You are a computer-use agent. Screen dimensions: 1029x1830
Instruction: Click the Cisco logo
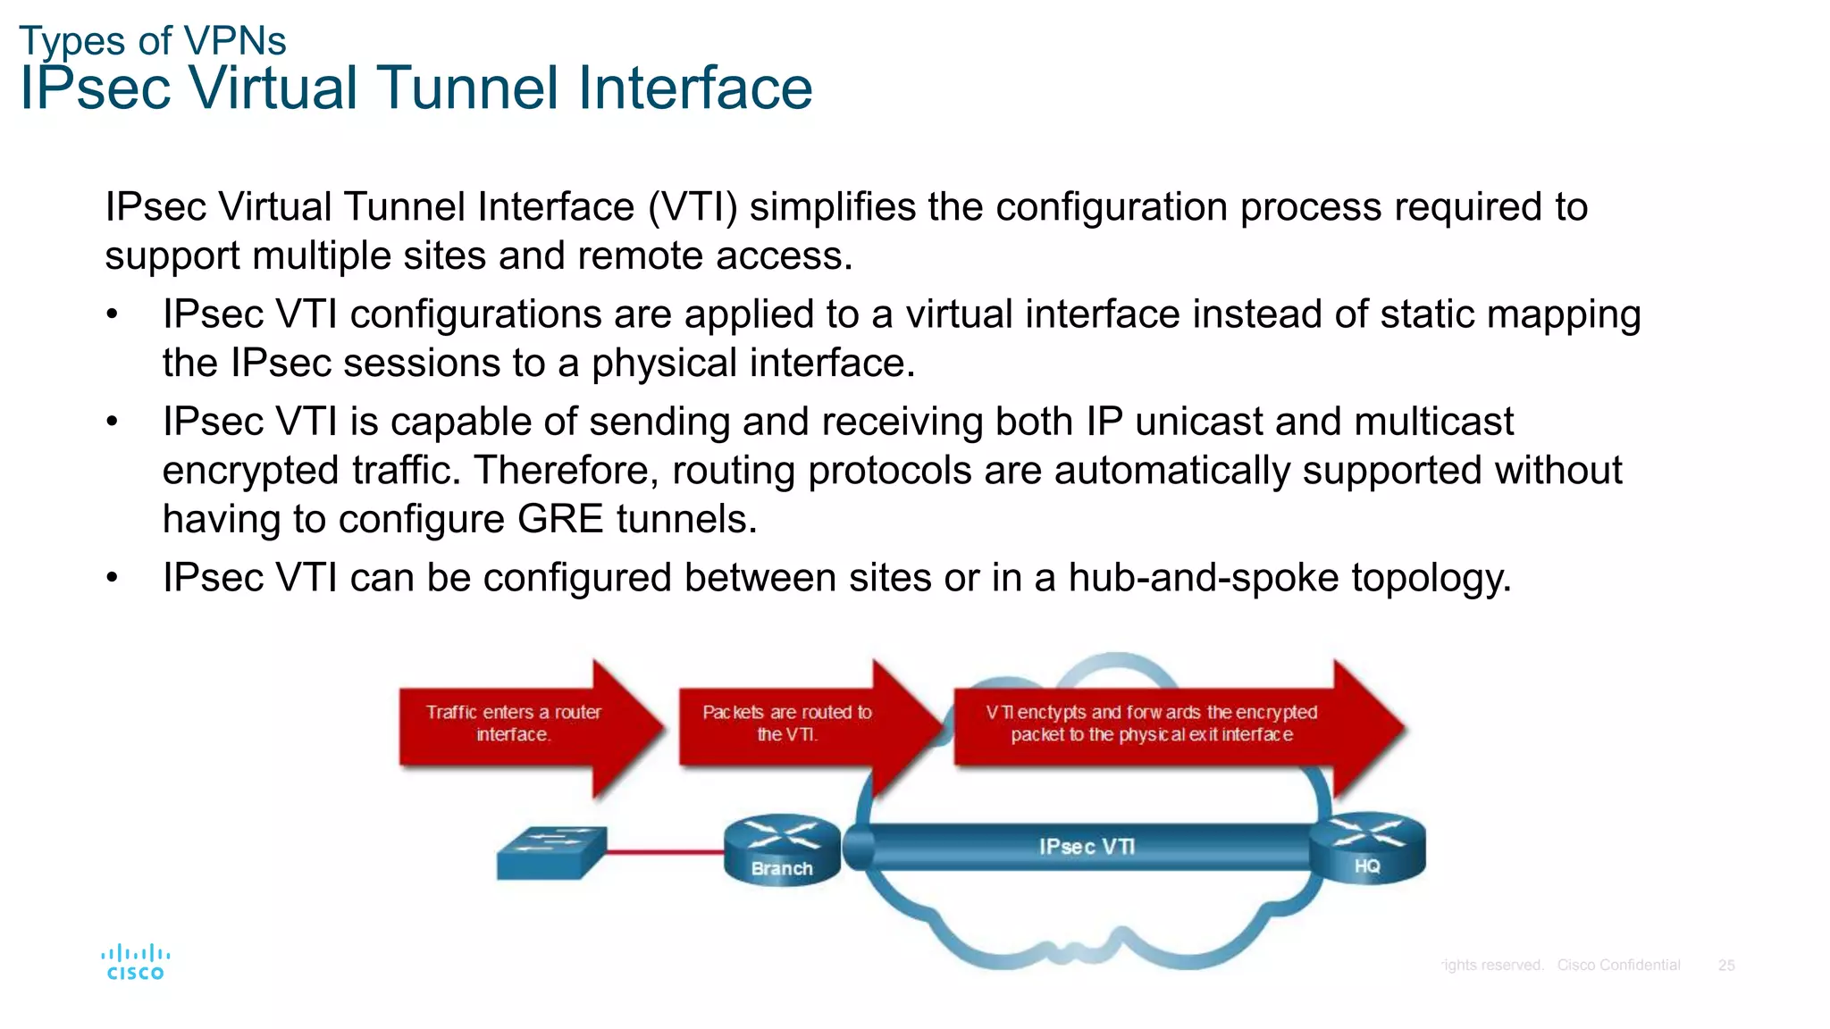click(136, 963)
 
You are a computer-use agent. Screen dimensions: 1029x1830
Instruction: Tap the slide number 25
click(1725, 966)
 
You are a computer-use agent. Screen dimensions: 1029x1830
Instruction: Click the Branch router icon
click(782, 849)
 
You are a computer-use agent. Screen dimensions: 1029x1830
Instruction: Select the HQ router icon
click(1367, 849)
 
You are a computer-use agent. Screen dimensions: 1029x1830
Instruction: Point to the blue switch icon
click(551, 852)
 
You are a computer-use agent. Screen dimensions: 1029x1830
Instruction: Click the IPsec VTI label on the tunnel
click(1087, 847)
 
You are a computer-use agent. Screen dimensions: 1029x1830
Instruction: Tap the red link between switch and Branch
click(665, 852)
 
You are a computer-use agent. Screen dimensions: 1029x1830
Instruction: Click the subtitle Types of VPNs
click(153, 41)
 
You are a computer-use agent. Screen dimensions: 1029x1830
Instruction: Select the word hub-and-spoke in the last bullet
click(1203, 578)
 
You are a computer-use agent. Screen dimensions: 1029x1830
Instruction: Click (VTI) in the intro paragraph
click(693, 207)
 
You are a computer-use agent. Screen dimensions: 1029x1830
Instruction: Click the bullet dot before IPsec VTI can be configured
click(112, 579)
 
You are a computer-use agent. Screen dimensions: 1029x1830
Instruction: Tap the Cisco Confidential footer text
click(1618, 966)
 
